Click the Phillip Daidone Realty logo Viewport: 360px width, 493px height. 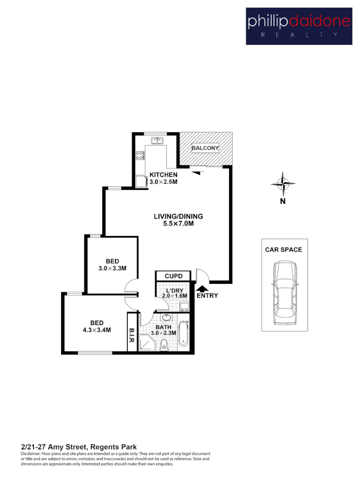pyautogui.click(x=299, y=26)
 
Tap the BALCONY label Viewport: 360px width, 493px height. pyautogui.click(x=205, y=148)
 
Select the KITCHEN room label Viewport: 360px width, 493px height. pyautogui.click(x=163, y=175)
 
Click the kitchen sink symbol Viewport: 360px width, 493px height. pyautogui.click(x=158, y=141)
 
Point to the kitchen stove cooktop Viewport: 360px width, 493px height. pyautogui.click(x=140, y=155)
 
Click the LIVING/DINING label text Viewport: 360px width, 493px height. pyautogui.click(x=178, y=216)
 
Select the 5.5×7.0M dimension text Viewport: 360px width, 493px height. pyautogui.click(x=178, y=224)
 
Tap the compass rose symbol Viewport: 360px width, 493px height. pyautogui.click(x=283, y=184)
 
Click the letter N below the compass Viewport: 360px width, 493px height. pyautogui.click(x=283, y=201)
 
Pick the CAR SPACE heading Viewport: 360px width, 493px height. pyautogui.click(x=283, y=250)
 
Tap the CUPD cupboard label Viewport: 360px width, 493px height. pyautogui.click(x=173, y=276)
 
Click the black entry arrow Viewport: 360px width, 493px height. pyautogui.click(x=201, y=287)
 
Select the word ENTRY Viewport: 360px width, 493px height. pyautogui.click(x=207, y=296)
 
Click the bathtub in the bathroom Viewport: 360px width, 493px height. pyautogui.click(x=183, y=334)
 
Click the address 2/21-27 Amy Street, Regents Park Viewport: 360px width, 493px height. pyautogui.click(x=79, y=446)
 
